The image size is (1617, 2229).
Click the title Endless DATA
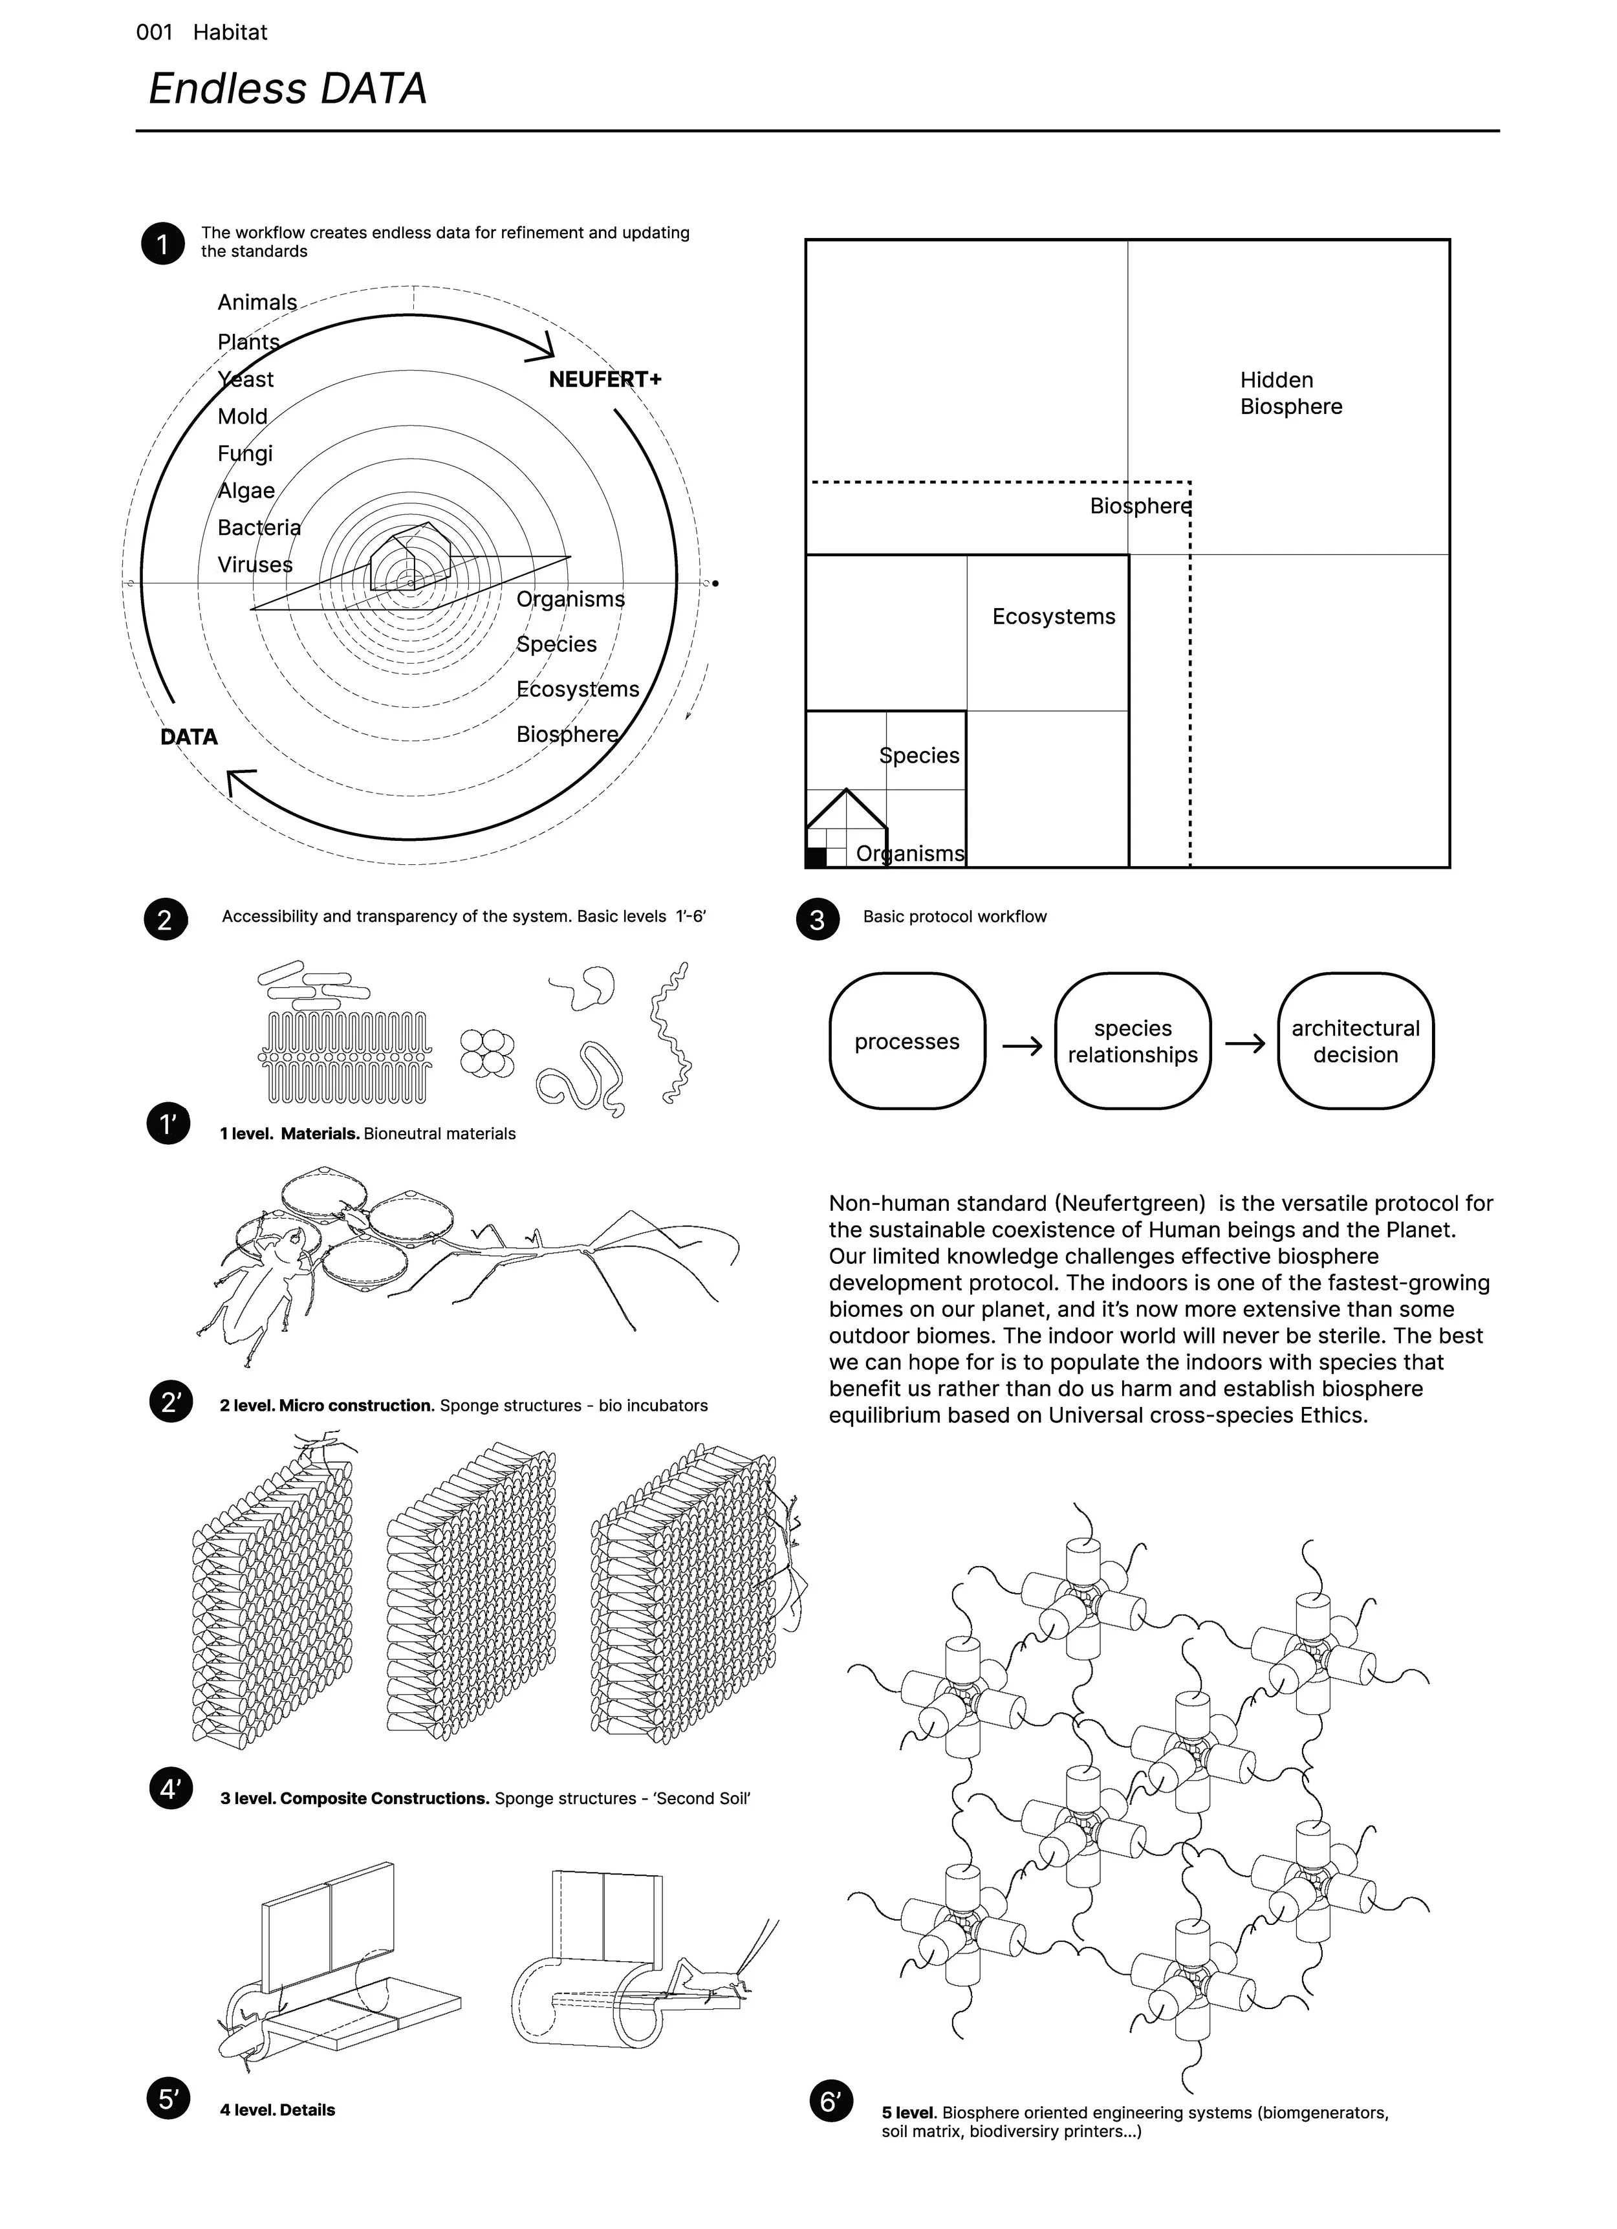287,89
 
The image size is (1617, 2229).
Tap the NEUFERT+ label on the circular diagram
605,379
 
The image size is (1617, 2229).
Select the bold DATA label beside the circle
189,737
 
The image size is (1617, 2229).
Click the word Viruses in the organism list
255,565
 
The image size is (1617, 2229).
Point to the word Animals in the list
257,303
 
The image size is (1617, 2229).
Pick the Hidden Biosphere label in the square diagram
1290,393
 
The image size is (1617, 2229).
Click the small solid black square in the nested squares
816,857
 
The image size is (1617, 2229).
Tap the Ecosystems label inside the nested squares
1053,617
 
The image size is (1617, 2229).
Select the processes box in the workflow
906,1042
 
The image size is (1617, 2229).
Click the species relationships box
1133,1042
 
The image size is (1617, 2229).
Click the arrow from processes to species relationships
1021,1046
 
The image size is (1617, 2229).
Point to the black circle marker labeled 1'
168,1124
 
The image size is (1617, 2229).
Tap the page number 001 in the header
155,32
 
